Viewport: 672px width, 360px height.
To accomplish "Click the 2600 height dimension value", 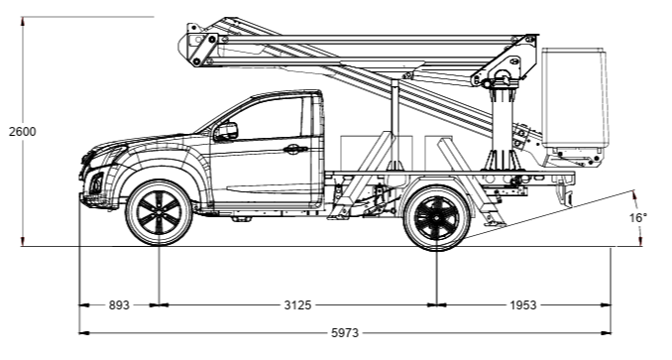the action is [23, 132].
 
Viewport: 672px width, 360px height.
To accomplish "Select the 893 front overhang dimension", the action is [119, 305].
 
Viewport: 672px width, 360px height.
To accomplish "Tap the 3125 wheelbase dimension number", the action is [297, 305].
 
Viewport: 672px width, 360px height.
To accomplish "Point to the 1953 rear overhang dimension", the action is [523, 305].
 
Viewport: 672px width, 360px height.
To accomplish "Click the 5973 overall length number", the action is [345, 333].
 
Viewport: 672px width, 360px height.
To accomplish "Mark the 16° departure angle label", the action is [638, 218].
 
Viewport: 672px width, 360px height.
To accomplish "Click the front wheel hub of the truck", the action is [159, 212].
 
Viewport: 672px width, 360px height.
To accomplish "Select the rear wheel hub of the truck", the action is [436, 218].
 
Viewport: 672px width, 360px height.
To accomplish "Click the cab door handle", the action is [295, 150].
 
